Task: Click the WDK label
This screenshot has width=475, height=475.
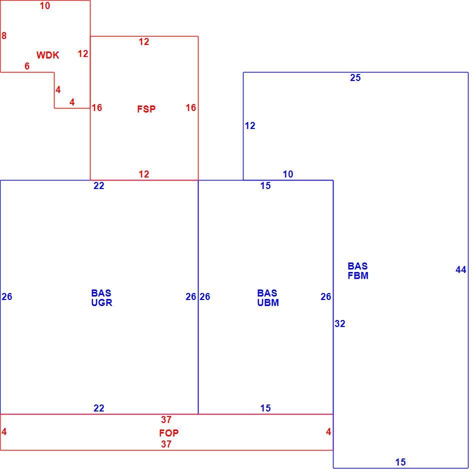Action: tap(48, 55)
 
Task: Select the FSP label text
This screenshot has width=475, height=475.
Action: tap(146, 109)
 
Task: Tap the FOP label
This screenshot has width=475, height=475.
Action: tap(168, 433)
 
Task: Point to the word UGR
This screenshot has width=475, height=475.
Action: tap(102, 302)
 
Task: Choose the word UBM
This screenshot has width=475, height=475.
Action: tap(268, 302)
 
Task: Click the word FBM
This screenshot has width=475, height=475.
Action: tap(358, 275)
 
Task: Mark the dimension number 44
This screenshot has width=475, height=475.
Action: tap(461, 269)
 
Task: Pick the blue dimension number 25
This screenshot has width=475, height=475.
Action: tap(355, 78)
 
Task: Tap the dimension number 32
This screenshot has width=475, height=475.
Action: tap(340, 324)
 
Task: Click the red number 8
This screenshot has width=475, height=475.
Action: tap(4, 35)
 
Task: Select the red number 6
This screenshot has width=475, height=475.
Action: tap(27, 66)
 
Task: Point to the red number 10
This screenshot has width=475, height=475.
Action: tap(45, 6)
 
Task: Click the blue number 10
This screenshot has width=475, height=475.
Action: tap(288, 174)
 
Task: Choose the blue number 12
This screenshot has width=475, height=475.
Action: tap(250, 125)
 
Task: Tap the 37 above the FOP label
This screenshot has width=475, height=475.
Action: tap(166, 419)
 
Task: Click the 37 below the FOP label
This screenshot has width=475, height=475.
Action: tap(166, 444)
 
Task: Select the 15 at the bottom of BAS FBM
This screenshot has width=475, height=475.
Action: tap(400, 462)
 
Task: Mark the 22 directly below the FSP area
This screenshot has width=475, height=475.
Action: tap(99, 185)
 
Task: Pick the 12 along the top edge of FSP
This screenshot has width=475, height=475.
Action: tap(144, 42)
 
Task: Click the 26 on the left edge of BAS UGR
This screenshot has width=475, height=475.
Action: tap(6, 296)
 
